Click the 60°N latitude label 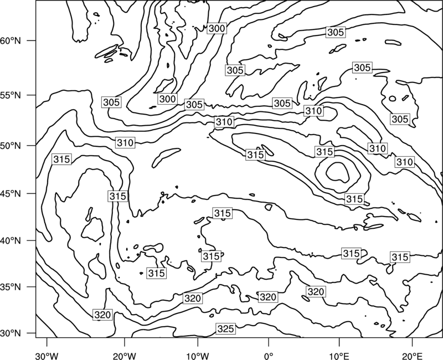11,40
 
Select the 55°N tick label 11,95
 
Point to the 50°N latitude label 11,146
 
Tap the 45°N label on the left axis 11,193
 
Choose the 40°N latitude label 11,240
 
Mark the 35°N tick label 11,287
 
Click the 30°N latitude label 11,333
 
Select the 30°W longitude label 47,356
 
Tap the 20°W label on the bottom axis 124,356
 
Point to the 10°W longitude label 197,356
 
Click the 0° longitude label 268,356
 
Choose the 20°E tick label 412,356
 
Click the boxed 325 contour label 226,328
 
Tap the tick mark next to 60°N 32,40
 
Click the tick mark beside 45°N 32,193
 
